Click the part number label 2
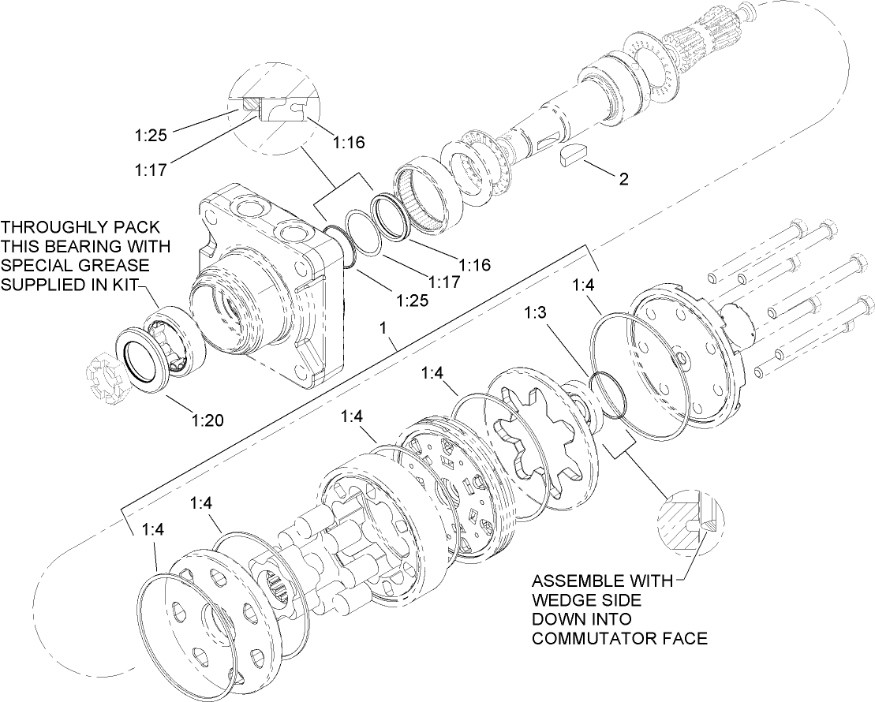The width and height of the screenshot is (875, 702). tap(623, 179)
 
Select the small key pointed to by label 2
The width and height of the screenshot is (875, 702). tap(573, 155)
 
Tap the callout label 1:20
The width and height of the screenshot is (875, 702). tap(207, 420)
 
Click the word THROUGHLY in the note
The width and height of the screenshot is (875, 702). tap(49, 227)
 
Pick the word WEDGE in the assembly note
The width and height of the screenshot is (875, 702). tap(565, 600)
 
